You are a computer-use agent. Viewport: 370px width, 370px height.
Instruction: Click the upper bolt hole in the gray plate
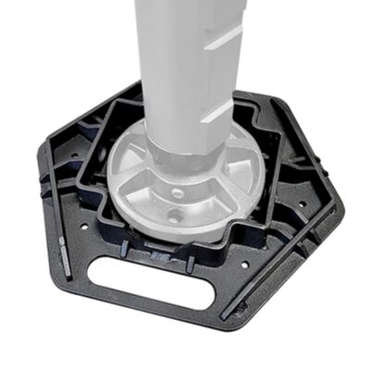click(x=178, y=193)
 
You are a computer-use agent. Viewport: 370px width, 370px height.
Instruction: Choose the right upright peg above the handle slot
click(x=190, y=263)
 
